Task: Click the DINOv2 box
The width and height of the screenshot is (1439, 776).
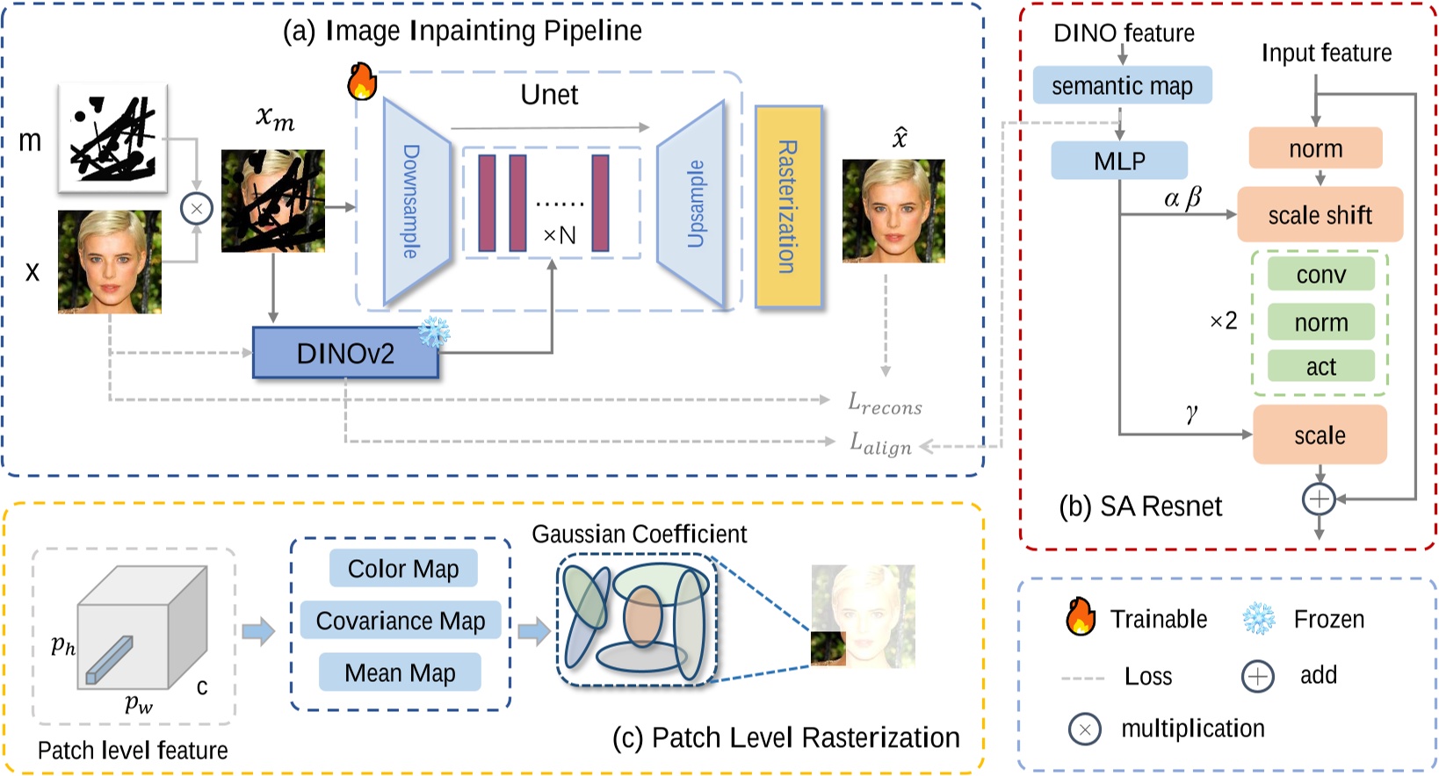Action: [x=345, y=353]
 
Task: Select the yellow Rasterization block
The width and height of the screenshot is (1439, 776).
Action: [x=788, y=206]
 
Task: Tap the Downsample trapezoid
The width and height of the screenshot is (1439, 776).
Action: [x=415, y=202]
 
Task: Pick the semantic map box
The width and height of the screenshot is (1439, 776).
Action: [x=1122, y=85]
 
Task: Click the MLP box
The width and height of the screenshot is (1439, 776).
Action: [x=1119, y=161]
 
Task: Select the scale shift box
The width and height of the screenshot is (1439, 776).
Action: [x=1320, y=214]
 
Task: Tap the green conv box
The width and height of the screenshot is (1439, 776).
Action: [x=1320, y=275]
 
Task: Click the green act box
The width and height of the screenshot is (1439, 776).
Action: [x=1320, y=366]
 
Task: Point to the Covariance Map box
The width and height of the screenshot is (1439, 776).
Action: [x=400, y=621]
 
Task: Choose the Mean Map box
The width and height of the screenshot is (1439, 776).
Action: [x=400, y=672]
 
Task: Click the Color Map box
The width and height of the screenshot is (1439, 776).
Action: [x=403, y=569]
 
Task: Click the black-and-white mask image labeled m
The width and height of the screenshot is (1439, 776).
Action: [x=112, y=138]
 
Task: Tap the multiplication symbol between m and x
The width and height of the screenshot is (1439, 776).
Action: [x=197, y=209]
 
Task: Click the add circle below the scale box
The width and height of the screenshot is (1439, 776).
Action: [x=1319, y=499]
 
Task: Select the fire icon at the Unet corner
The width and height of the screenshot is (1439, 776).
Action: [x=362, y=81]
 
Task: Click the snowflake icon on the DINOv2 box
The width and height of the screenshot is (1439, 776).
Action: [x=434, y=333]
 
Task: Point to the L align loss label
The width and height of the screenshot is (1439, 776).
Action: [x=880, y=443]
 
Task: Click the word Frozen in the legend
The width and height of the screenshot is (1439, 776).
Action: [x=1328, y=620]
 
